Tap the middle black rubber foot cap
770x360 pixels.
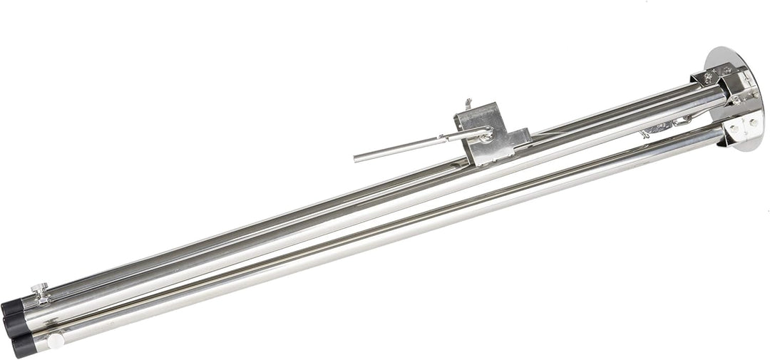click(14, 324)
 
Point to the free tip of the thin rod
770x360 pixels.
click(356, 157)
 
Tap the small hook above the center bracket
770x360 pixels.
click(468, 103)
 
